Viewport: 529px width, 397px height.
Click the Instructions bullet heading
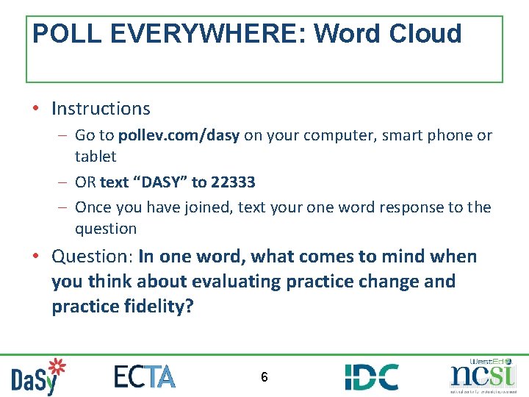pos(101,109)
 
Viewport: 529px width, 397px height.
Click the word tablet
pos(96,157)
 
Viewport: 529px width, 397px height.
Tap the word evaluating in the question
pos(234,282)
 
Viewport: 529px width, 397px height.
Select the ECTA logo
pos(145,376)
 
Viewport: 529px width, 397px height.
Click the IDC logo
pos(372,376)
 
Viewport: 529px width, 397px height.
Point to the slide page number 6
pos(264,377)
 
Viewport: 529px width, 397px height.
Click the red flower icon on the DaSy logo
pos(56,367)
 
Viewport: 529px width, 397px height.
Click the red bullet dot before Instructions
pos(36,110)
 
